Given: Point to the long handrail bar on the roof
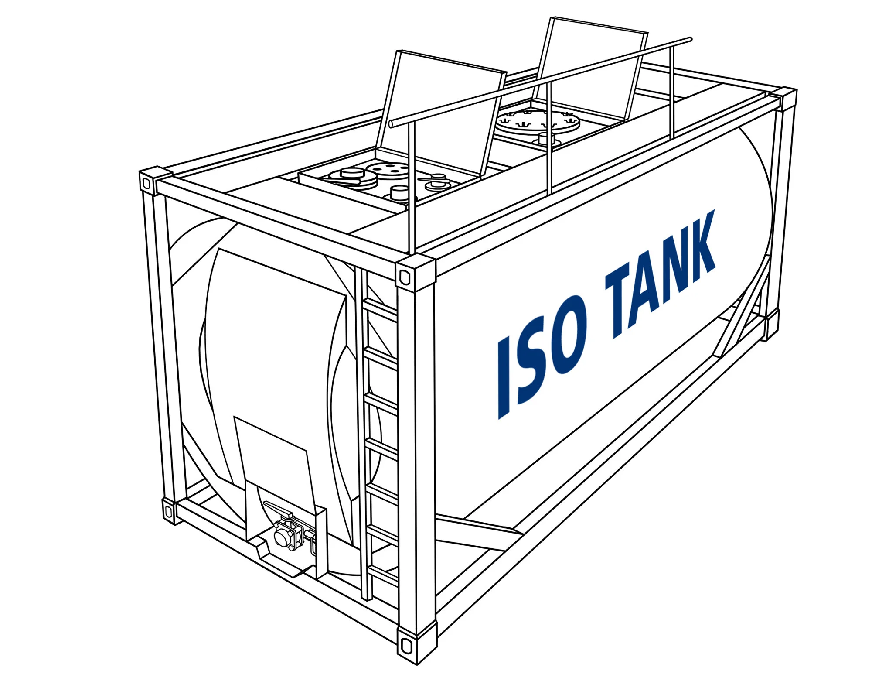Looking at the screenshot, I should pos(541,82).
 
